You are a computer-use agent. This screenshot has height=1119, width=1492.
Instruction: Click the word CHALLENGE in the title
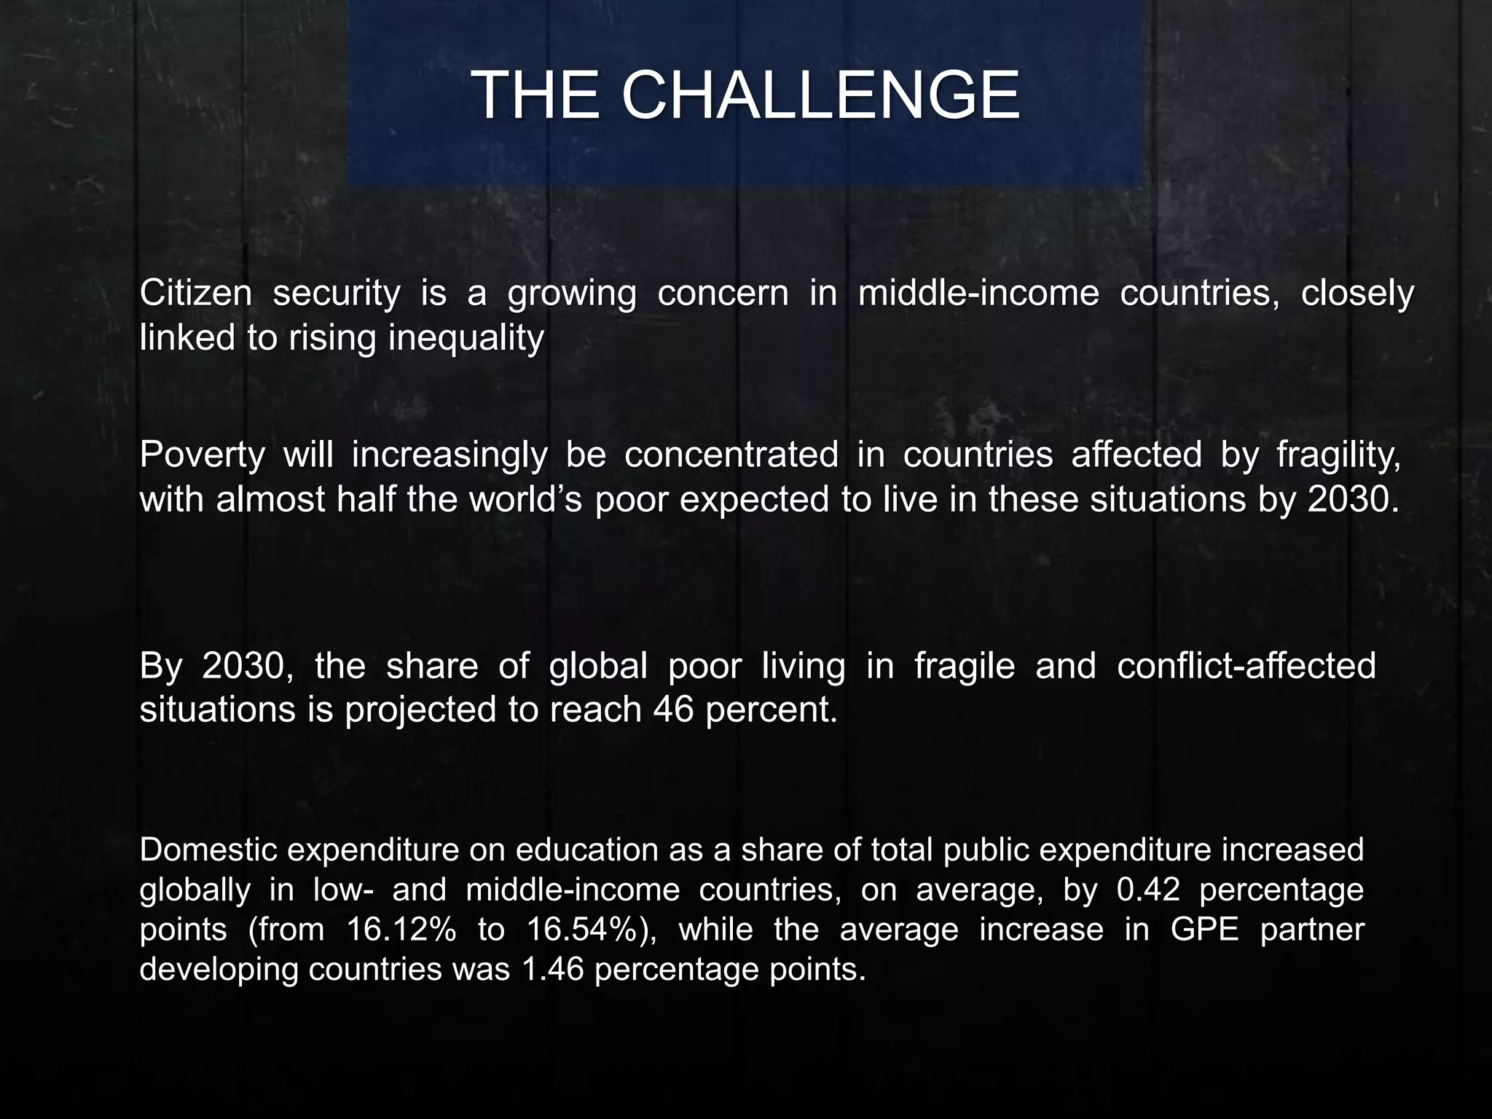pyautogui.click(x=820, y=95)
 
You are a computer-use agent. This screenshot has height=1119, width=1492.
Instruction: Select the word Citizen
pyautogui.click(x=196, y=294)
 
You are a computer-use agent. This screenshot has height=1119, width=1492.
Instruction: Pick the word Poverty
pyautogui.click(x=202, y=455)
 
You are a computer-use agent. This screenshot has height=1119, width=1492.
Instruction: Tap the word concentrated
pyautogui.click(x=731, y=455)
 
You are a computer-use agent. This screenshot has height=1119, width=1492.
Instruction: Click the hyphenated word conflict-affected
pyautogui.click(x=1246, y=666)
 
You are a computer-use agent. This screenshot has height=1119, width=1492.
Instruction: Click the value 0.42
pyautogui.click(x=1147, y=890)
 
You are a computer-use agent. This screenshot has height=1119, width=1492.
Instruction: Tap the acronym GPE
pyautogui.click(x=1204, y=930)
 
